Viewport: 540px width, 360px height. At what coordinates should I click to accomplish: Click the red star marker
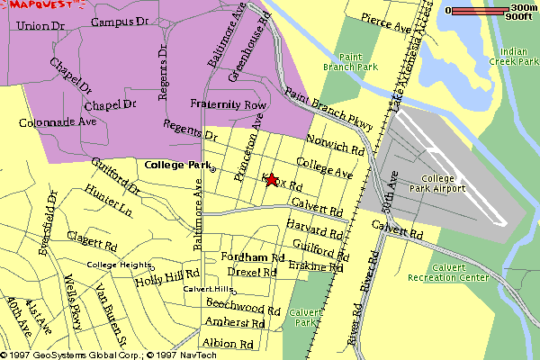[271, 179]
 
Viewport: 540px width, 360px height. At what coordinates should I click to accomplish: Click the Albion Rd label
[229, 344]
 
